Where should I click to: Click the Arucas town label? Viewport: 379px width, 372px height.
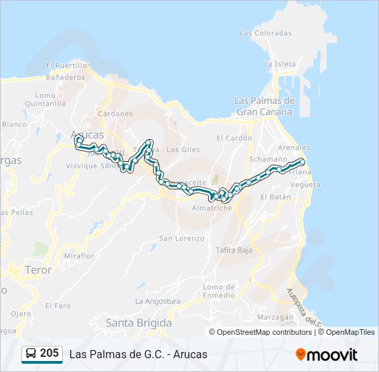[88, 134]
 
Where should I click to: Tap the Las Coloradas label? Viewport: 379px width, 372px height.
[265, 32]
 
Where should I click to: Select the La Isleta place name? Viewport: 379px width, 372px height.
[280, 64]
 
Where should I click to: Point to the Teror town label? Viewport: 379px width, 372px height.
[38, 270]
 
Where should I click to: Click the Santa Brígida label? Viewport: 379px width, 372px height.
[139, 322]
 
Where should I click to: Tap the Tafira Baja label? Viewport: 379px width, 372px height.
[235, 249]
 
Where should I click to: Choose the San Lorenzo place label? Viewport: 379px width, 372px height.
[182, 238]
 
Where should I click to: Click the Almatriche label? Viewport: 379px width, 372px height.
[212, 207]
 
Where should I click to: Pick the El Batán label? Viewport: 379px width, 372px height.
[276, 196]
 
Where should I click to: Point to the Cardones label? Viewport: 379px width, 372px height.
[115, 114]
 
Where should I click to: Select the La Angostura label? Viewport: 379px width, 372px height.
[158, 301]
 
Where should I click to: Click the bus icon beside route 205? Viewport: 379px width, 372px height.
[31, 354]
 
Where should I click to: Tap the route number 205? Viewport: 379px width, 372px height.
[50, 353]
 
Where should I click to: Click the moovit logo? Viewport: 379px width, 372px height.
[327, 354]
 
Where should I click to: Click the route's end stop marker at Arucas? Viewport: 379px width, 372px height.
[78, 140]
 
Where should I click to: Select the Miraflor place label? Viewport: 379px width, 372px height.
[79, 256]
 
